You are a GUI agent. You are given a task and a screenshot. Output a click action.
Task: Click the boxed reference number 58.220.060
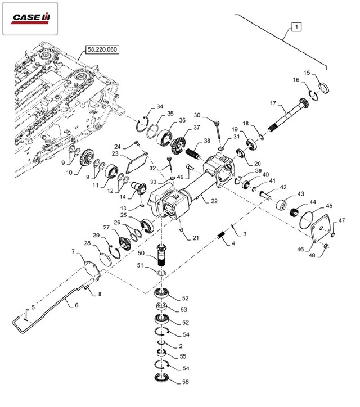pyautogui.click(x=102, y=49)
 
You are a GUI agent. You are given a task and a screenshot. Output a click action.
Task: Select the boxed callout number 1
pyautogui.click(x=296, y=26)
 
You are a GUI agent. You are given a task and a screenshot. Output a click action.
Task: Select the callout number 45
pyautogui.click(x=329, y=206)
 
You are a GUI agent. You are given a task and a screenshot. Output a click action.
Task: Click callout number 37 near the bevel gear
pyautogui.click(x=196, y=128)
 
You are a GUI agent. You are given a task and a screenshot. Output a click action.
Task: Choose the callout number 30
pyautogui.click(x=196, y=115)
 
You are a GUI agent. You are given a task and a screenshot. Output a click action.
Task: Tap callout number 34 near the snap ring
pyautogui.click(x=160, y=107)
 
